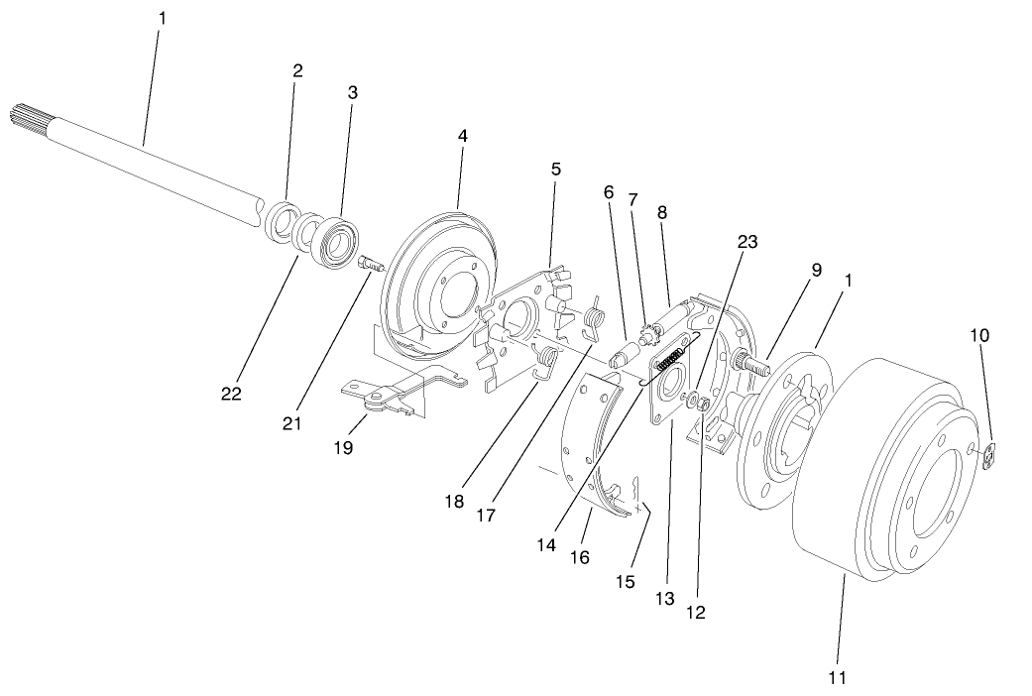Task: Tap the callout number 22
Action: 231,394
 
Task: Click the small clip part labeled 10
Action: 990,457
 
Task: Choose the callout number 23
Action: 746,241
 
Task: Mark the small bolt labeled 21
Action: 368,266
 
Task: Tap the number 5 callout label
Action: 555,169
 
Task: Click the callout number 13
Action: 664,599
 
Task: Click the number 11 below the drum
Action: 838,678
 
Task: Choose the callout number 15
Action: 624,580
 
